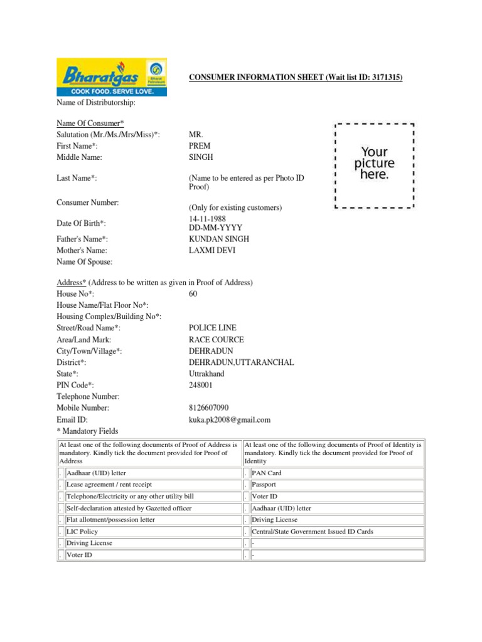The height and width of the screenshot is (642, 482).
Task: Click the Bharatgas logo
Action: click(x=112, y=77)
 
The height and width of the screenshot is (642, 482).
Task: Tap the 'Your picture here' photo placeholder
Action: click(x=375, y=164)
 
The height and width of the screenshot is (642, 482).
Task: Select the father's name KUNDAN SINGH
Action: click(x=219, y=239)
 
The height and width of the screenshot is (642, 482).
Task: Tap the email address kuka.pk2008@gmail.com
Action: click(x=230, y=419)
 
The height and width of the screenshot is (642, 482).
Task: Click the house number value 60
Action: click(x=193, y=294)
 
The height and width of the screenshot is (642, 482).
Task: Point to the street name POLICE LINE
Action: click(x=213, y=328)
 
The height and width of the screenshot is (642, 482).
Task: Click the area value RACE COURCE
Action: click(x=217, y=339)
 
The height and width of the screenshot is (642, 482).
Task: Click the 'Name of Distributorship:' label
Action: click(x=96, y=102)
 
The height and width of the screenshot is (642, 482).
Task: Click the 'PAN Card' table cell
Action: click(x=267, y=473)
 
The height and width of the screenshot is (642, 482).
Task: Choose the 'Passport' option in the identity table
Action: click(x=264, y=485)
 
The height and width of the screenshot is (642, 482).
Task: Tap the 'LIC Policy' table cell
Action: click(x=82, y=532)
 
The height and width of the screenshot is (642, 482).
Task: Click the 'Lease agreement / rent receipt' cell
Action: click(x=109, y=485)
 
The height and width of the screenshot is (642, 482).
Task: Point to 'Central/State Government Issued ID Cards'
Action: click(x=312, y=532)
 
